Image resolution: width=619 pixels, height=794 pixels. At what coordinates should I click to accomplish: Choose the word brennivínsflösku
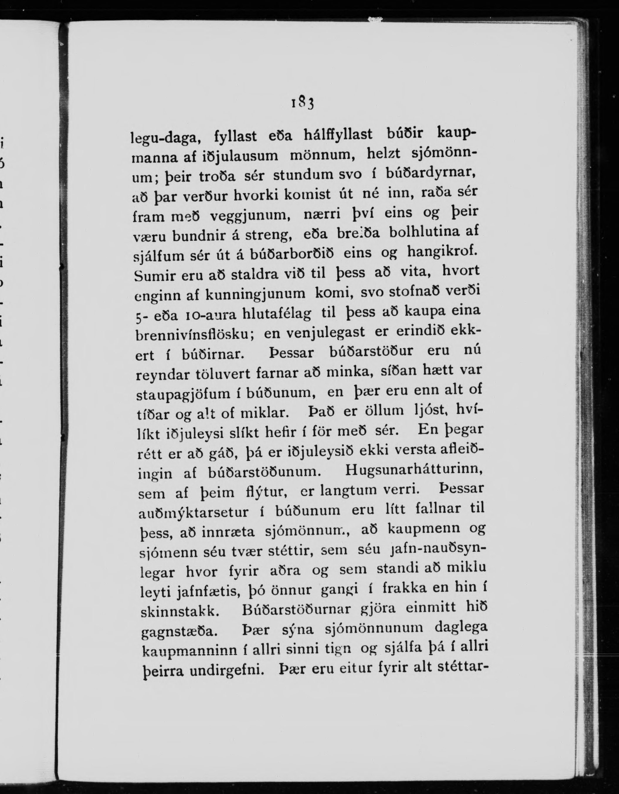pos(194,335)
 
